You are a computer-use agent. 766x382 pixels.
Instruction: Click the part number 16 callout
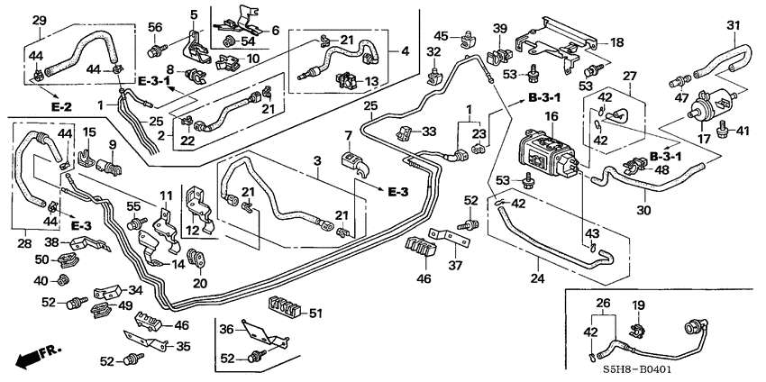(552, 116)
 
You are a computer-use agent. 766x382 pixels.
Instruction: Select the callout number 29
(39, 20)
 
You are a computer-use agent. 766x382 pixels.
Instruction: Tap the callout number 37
(456, 265)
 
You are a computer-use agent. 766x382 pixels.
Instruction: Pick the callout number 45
(441, 36)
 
